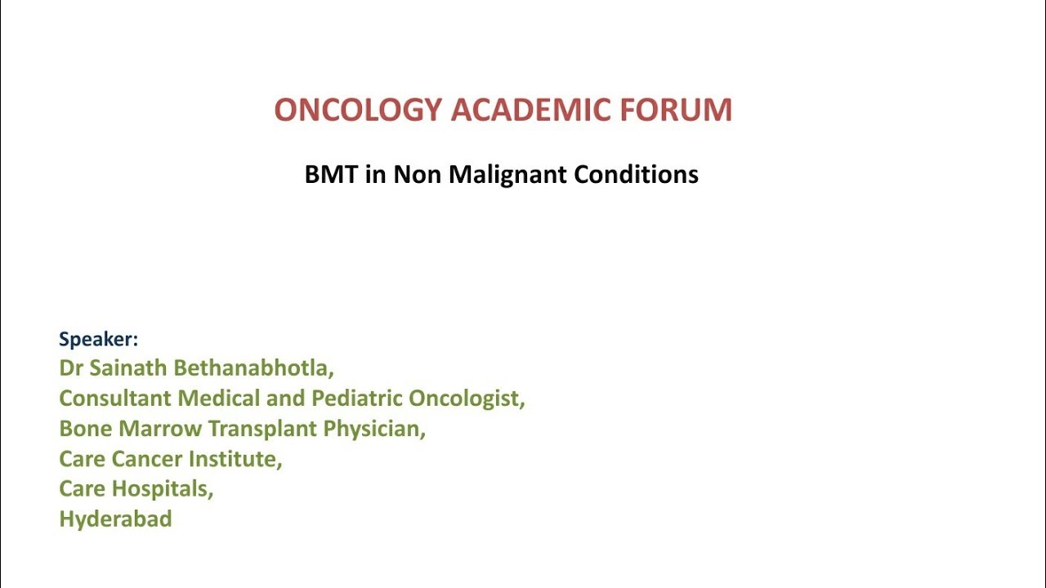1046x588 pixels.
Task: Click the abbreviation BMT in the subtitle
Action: pyautogui.click(x=331, y=175)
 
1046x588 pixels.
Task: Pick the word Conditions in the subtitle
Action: pyautogui.click(x=636, y=175)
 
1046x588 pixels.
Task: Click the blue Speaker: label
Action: pyautogui.click(x=98, y=339)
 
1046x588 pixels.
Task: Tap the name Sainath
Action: pyautogui.click(x=128, y=368)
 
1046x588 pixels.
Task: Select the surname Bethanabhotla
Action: pyautogui.click(x=253, y=368)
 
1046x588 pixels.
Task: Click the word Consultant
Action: pyautogui.click(x=115, y=399)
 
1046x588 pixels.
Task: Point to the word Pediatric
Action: pyautogui.click(x=357, y=399)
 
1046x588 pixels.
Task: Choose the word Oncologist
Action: pyautogui.click(x=466, y=399)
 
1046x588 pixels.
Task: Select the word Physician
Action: pyautogui.click(x=374, y=429)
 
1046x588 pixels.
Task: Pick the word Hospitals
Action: pyautogui.click(x=162, y=489)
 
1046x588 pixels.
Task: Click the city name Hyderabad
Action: pyautogui.click(x=115, y=519)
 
